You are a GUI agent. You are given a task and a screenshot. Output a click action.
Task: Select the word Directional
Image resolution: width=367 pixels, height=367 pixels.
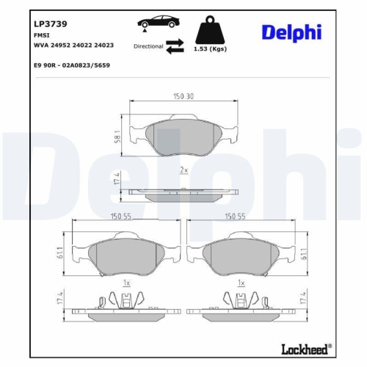(148, 46)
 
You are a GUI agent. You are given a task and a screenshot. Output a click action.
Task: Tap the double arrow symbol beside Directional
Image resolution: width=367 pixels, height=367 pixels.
(174, 46)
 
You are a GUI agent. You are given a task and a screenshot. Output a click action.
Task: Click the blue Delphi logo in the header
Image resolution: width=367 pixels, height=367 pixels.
(292, 32)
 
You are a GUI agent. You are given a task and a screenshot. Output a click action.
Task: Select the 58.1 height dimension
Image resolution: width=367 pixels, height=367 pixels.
(118, 137)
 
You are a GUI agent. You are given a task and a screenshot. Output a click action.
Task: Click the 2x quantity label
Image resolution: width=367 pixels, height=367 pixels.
(183, 170)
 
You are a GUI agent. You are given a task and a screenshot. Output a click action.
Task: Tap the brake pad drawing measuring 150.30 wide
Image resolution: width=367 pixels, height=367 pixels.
(183, 138)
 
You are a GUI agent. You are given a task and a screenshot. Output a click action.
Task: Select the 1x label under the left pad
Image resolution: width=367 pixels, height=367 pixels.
(126, 283)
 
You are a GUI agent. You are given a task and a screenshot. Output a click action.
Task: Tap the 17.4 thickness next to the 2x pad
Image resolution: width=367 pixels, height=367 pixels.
(118, 189)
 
